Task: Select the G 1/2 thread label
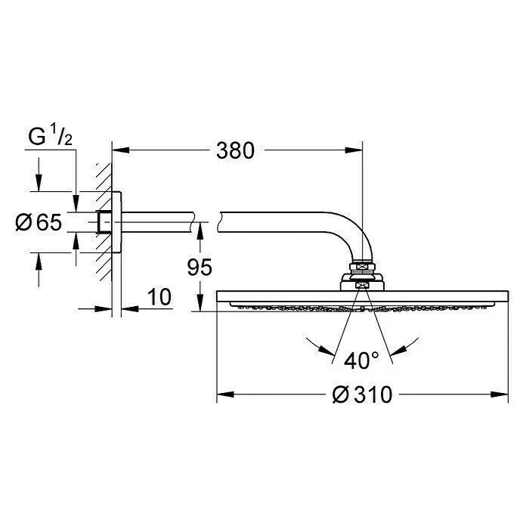(51, 138)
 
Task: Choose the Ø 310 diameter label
(362, 394)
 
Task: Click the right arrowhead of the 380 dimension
(355, 150)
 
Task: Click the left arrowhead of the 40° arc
(330, 350)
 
